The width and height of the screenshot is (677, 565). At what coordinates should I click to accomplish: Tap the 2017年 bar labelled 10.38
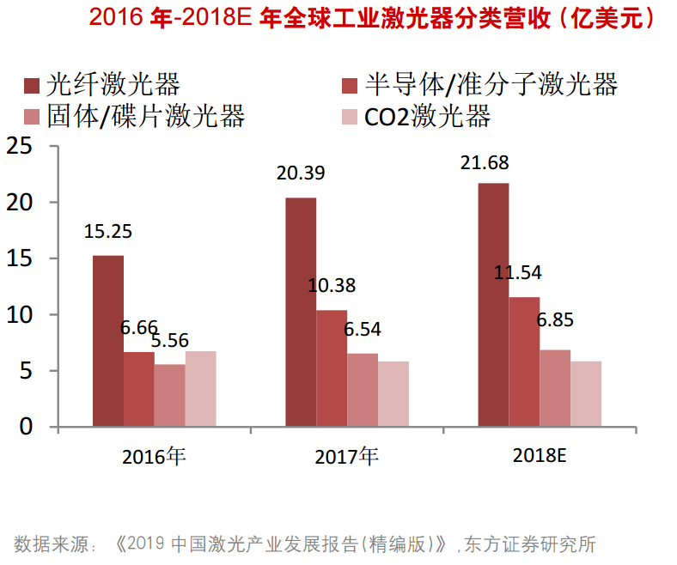coord(332,368)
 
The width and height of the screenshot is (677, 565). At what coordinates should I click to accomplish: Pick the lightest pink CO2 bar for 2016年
coord(200,389)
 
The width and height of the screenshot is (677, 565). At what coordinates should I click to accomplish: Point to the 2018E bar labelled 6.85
coord(555,388)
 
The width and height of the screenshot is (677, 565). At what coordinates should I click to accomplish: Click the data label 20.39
coord(301,173)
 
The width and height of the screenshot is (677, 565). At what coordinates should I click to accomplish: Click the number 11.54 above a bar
coord(518,273)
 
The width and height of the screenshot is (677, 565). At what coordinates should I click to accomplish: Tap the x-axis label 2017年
coord(346,456)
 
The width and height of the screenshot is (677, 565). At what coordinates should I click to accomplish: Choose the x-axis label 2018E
coord(540,456)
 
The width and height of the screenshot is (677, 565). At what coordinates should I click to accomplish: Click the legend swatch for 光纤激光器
coord(33,84)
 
